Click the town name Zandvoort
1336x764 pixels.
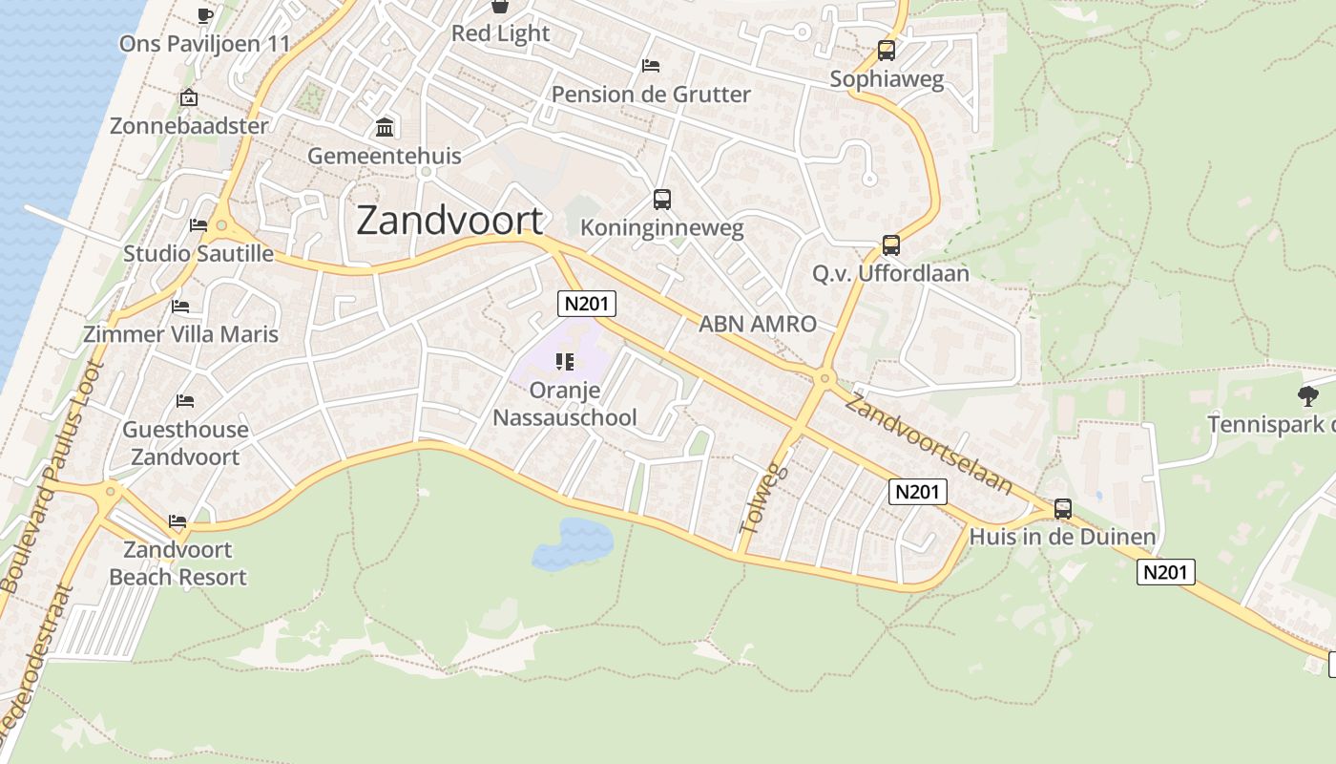pos(449,221)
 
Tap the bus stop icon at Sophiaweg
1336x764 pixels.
pos(887,51)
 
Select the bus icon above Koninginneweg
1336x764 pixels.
pos(662,200)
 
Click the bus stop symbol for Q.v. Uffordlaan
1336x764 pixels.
pos(890,245)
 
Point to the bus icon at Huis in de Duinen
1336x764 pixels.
pos(1063,509)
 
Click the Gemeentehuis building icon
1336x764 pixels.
pos(385,127)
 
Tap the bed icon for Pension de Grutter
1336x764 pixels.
pos(651,66)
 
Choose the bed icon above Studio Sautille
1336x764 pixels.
pos(198,225)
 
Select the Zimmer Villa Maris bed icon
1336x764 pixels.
pos(180,307)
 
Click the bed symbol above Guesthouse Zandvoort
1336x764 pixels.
pos(185,401)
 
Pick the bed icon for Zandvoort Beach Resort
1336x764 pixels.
pos(177,521)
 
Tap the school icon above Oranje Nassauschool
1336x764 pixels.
pos(564,362)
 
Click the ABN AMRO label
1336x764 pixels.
pos(758,324)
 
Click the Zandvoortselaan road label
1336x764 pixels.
pos(929,444)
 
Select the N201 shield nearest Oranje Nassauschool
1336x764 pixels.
pos(587,304)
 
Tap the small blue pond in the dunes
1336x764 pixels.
pos(574,545)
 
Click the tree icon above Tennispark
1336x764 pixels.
pos(1307,395)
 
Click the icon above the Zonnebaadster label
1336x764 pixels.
pos(189,97)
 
